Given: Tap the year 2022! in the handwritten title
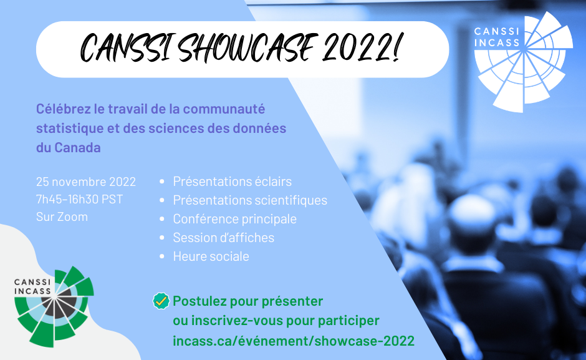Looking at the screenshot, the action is click(x=362, y=47).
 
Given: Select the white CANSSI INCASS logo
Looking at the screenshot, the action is click(x=523, y=62).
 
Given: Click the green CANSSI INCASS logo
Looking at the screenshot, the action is click(x=54, y=306).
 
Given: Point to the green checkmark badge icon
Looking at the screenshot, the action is click(x=161, y=301).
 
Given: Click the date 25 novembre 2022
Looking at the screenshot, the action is click(x=86, y=182).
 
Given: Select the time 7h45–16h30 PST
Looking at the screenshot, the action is click(x=80, y=199).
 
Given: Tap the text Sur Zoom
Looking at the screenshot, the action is click(x=62, y=216).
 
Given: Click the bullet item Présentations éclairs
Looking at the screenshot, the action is click(x=232, y=182).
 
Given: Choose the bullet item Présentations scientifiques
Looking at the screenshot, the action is click(x=250, y=200).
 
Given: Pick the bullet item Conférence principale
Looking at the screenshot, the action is click(x=234, y=219).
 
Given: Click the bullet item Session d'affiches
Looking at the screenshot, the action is click(x=223, y=238).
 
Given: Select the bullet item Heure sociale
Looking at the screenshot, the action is click(x=211, y=256).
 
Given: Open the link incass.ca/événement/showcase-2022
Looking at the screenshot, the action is click(x=294, y=341).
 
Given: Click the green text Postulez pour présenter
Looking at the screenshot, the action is click(x=247, y=301).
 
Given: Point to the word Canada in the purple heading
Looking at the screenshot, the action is click(x=77, y=147).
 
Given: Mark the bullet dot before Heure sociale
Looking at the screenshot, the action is click(x=162, y=256).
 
